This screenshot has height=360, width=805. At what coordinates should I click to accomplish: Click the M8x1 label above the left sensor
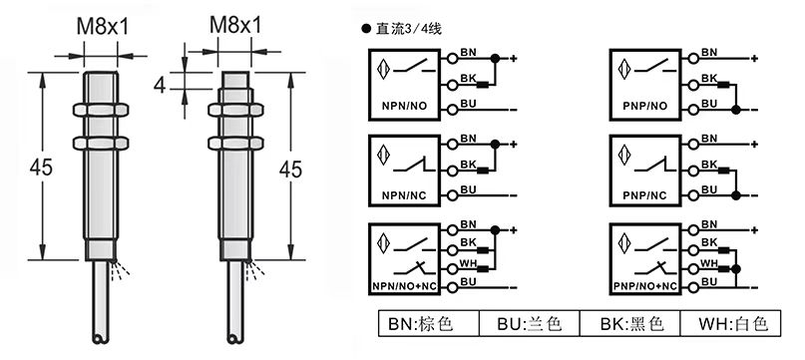(x=102, y=26)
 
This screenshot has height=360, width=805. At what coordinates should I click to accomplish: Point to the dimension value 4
(x=161, y=85)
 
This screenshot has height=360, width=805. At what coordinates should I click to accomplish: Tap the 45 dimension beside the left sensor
(x=41, y=167)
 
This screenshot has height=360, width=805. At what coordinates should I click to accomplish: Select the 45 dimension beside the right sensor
(x=290, y=169)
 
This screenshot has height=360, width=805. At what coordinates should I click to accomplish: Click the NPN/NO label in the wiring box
(x=405, y=107)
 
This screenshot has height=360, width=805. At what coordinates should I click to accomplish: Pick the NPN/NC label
(x=404, y=195)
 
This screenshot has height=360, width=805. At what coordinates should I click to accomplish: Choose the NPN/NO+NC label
(x=404, y=285)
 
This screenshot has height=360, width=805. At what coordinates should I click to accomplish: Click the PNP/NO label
(x=645, y=107)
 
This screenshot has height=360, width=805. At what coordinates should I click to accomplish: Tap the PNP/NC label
(x=644, y=195)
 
